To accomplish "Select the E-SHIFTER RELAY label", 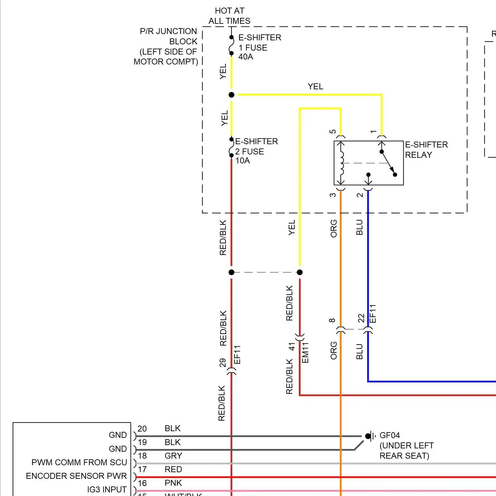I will click(x=426, y=150).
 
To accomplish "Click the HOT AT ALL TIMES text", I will click(x=229, y=16).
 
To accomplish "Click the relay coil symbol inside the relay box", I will click(x=342, y=163).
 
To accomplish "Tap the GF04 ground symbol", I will click(x=370, y=436).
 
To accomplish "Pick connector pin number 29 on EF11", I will click(x=223, y=363).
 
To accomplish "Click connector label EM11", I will click(x=305, y=353).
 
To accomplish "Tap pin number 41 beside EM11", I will click(x=292, y=347).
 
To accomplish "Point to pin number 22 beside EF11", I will click(x=361, y=318).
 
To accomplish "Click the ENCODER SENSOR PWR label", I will click(x=76, y=476).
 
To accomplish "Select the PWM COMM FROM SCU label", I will click(x=79, y=462).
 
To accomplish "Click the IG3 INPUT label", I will click(x=107, y=489).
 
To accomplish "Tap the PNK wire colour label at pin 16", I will click(x=173, y=483).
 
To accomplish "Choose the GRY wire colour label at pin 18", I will click(x=173, y=456).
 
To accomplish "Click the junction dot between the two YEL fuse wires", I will click(x=231, y=95).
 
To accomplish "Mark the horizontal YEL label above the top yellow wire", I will click(x=315, y=87).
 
